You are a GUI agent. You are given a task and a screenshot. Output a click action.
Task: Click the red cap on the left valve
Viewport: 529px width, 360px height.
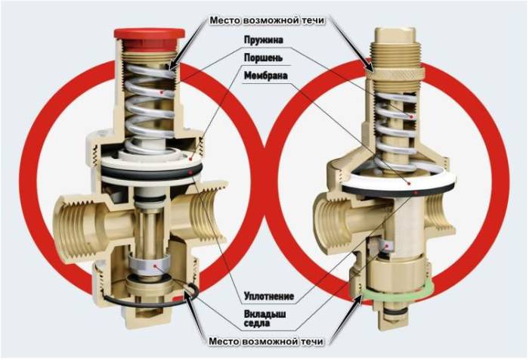(149, 37)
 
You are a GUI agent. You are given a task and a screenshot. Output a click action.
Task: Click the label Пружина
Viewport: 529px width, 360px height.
(264, 40)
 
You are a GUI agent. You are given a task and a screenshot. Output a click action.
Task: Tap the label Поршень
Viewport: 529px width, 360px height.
(263, 57)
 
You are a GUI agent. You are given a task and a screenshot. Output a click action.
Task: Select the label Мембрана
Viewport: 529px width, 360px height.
(266, 76)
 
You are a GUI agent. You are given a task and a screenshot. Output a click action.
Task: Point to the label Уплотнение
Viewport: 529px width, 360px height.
(269, 296)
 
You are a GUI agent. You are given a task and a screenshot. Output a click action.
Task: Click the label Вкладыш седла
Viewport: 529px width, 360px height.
(264, 318)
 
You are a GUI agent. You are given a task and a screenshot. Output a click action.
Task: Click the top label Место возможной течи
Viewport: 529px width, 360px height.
(267, 20)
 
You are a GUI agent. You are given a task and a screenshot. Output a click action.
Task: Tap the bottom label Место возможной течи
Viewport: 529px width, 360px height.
(266, 341)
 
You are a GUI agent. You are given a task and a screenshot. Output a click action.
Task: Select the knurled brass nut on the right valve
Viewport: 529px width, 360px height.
(395, 73)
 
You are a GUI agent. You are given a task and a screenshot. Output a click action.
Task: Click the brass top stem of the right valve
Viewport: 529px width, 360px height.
(394, 36)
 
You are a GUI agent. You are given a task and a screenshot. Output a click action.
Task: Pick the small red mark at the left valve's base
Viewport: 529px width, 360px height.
(178, 299)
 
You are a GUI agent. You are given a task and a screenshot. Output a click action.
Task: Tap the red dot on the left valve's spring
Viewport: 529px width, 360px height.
(162, 92)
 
